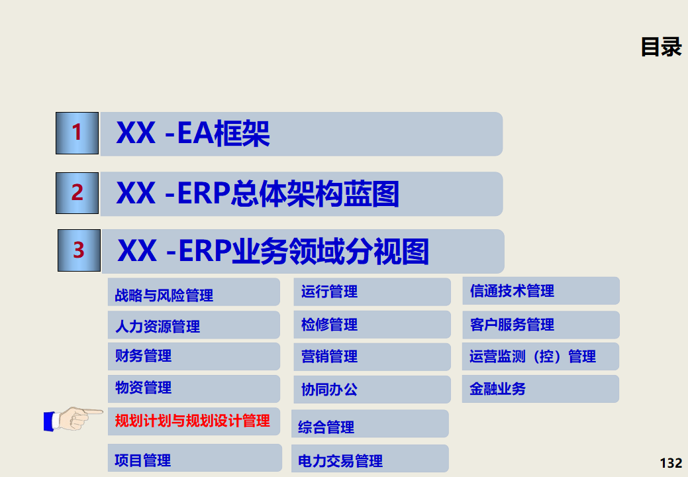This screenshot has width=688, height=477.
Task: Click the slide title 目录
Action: (x=661, y=47)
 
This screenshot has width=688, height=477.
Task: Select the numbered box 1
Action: (x=77, y=133)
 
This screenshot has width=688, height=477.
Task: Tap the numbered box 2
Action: (x=77, y=193)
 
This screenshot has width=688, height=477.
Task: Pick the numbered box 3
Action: (x=79, y=250)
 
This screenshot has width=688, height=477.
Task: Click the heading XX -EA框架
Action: (x=193, y=134)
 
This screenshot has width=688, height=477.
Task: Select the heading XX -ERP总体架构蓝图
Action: (x=258, y=194)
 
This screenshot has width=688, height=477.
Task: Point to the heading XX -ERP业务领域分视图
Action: (x=273, y=252)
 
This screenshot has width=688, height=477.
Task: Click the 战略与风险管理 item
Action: (x=164, y=295)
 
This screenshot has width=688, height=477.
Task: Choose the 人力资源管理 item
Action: (x=158, y=326)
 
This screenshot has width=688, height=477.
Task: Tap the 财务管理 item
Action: (x=144, y=356)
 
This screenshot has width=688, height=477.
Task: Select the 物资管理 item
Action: (x=144, y=388)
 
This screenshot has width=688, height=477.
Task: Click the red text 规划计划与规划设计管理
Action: (x=192, y=421)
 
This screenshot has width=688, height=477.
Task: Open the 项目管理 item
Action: (x=143, y=460)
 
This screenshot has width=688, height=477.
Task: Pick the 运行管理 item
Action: (x=329, y=291)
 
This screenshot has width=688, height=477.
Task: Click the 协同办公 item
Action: (x=329, y=390)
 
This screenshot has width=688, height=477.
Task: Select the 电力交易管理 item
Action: (x=340, y=460)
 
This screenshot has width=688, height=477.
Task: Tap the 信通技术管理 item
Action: (x=512, y=291)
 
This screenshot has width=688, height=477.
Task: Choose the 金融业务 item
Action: (x=497, y=389)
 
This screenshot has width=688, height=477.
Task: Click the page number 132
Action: (x=671, y=462)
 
